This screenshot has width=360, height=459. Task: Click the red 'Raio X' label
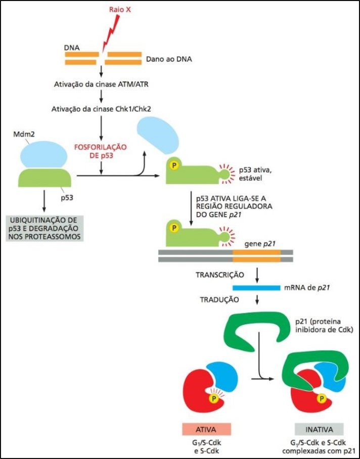click(120, 10)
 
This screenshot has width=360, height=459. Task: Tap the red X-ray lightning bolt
click(112, 31)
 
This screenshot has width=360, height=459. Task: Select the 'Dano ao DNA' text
click(169, 59)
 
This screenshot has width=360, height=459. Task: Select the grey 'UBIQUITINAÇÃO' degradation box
click(45, 228)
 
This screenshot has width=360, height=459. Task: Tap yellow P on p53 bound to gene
click(174, 228)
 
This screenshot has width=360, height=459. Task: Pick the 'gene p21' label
click(260, 244)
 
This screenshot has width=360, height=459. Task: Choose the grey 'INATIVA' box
click(319, 429)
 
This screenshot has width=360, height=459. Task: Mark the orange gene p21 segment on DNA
click(256, 256)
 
